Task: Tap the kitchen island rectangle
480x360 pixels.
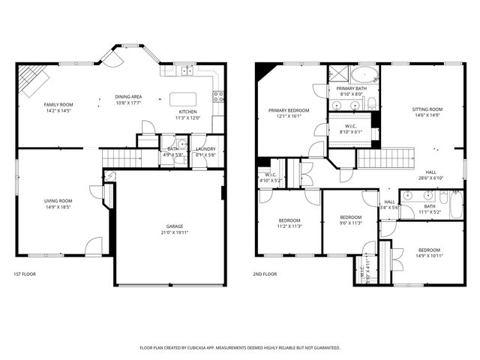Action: click(184, 99)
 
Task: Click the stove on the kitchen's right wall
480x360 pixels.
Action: click(219, 95)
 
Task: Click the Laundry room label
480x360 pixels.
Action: click(205, 148)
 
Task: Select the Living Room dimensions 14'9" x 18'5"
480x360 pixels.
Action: click(58, 207)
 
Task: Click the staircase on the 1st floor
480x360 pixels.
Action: click(122, 157)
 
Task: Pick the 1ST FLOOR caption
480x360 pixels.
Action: click(25, 274)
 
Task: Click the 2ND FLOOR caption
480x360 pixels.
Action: click(265, 274)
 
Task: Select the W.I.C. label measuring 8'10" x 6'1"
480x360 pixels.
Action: click(351, 131)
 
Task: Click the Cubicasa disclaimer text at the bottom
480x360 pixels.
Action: click(240, 347)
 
